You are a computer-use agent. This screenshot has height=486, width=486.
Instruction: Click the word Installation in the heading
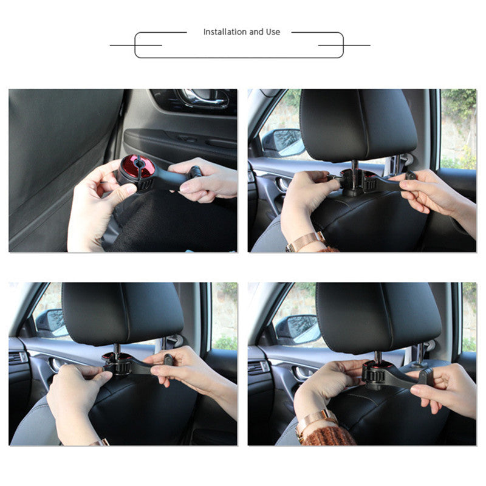tap(225, 32)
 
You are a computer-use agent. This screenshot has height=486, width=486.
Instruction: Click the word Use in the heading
tap(273, 32)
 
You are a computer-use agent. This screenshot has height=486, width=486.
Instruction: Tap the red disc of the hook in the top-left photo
tap(137, 166)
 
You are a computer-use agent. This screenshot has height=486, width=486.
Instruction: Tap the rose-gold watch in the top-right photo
tap(306, 242)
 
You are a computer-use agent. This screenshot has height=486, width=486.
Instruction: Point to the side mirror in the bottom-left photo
tap(51, 323)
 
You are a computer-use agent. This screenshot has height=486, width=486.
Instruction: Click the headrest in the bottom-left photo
tap(123, 313)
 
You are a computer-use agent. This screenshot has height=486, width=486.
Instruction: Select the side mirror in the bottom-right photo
tap(298, 329)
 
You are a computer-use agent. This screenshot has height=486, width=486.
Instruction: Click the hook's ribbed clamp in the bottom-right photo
tap(374, 375)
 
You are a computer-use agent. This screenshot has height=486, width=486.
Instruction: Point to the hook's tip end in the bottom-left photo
tap(168, 360)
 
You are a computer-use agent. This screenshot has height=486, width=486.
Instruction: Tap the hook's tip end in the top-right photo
tap(411, 176)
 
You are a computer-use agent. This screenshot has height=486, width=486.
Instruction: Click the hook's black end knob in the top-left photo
tap(196, 171)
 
